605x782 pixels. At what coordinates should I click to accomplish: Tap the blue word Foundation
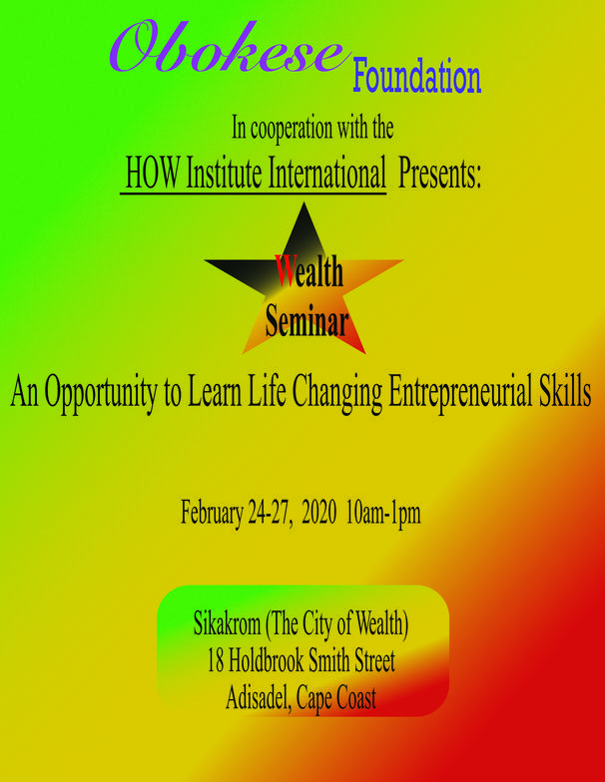click(417, 76)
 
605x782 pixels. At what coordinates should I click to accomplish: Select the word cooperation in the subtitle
click(292, 130)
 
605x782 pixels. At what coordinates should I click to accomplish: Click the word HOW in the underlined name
click(152, 173)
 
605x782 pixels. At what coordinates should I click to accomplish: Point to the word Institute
click(224, 173)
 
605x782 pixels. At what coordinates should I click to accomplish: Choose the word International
click(327, 173)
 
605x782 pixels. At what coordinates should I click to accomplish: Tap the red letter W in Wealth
click(287, 271)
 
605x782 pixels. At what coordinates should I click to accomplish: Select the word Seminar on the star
click(306, 320)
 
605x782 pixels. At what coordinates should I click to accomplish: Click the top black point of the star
click(303, 203)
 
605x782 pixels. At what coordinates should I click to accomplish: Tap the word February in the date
click(212, 513)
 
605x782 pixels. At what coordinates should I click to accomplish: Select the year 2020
click(319, 513)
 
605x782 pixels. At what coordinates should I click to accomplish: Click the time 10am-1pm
click(383, 513)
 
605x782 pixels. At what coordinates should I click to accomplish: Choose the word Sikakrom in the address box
click(228, 623)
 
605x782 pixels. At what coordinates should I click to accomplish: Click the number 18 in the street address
click(216, 660)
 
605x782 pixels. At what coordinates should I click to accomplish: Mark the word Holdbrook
click(266, 660)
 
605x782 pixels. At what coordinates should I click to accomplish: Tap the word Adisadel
click(259, 697)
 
